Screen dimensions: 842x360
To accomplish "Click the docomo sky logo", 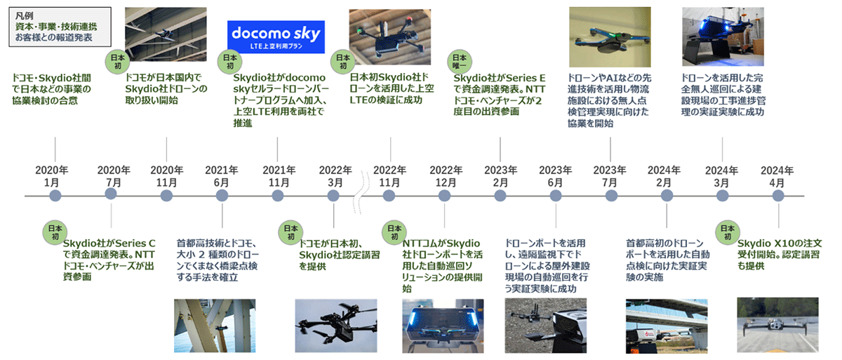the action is click(276, 36).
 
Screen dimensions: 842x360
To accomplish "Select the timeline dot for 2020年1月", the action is click(55, 196).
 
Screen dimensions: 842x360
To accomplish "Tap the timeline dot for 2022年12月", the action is click(444, 196).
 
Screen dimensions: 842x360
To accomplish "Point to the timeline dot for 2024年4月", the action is click(778, 196).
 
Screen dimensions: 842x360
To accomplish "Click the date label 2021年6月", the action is click(222, 176).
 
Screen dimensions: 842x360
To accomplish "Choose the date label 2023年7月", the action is click(610, 176).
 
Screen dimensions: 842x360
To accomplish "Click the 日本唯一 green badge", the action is click(460, 62).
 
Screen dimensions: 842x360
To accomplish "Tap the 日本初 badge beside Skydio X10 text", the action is click(728, 232).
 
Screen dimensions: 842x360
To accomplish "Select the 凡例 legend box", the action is click(60, 27).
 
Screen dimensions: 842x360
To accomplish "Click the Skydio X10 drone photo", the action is click(777, 325).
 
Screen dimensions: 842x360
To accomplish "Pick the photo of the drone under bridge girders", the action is click(166, 34).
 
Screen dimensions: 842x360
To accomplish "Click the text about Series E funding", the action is click(499, 95).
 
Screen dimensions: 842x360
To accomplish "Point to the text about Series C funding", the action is click(109, 260).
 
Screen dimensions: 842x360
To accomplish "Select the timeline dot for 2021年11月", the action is click(277, 196).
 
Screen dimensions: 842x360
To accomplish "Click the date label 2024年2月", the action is click(664, 176).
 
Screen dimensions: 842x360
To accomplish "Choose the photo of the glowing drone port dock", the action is click(443, 326).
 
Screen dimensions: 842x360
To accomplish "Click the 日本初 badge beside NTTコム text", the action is click(394, 232).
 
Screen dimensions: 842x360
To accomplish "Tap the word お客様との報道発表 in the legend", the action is click(54, 38).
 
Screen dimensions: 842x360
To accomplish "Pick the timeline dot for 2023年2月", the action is click(500, 196).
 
